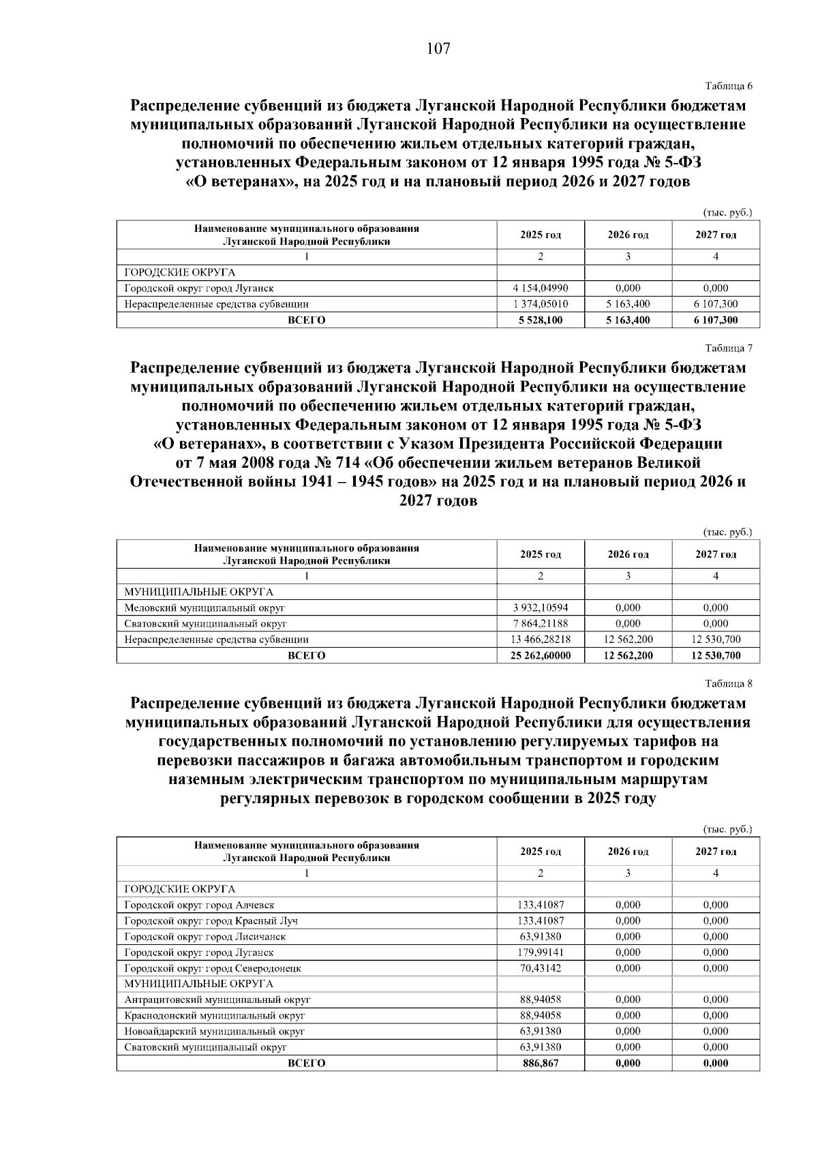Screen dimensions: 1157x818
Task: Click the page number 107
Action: (x=438, y=49)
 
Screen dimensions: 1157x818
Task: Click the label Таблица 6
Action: (x=728, y=86)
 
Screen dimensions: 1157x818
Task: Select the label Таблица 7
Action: (x=728, y=348)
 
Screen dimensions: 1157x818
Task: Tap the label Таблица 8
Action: (x=728, y=683)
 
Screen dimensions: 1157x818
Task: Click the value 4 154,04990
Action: (x=541, y=288)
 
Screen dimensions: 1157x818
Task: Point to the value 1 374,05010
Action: (x=541, y=304)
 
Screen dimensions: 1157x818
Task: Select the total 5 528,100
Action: (x=541, y=320)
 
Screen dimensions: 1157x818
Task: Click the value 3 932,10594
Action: (x=541, y=607)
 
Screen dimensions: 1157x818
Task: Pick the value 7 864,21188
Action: (x=541, y=623)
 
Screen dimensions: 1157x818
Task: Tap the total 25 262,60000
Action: (x=541, y=655)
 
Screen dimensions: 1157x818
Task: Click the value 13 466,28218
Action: (x=541, y=640)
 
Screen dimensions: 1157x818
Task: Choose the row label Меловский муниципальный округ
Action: (x=204, y=607)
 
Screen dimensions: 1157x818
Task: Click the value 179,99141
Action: (x=541, y=952)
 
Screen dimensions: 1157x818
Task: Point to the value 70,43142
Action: (x=541, y=968)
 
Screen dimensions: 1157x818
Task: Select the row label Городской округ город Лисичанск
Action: (x=204, y=937)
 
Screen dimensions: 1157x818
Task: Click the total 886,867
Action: (x=541, y=1063)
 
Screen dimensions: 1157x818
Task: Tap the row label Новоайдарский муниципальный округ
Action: (x=214, y=1032)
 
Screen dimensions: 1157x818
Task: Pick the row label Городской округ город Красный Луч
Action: (x=211, y=921)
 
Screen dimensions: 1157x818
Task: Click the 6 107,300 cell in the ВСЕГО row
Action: (x=716, y=320)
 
